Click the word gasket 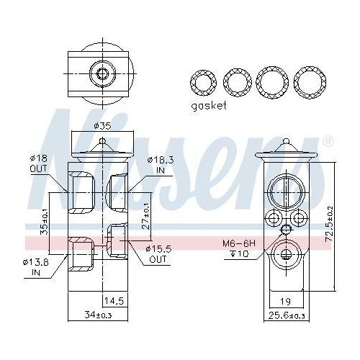[x=209, y=106]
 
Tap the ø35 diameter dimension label [x=103, y=126]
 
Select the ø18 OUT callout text [x=38, y=163]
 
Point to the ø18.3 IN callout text [x=161, y=165]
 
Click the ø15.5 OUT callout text [x=158, y=254]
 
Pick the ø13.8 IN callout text [x=35, y=267]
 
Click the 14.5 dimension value [x=114, y=300]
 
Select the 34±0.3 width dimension [x=98, y=315]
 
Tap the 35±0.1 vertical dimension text [x=44, y=222]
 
